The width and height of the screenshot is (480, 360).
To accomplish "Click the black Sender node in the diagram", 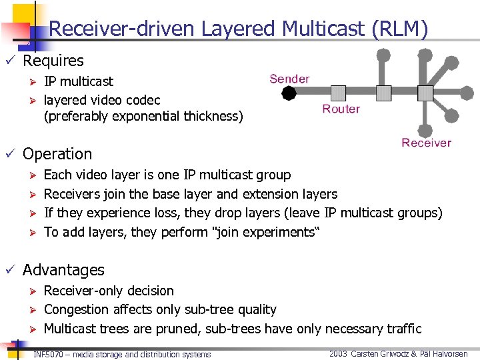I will [x=289, y=93].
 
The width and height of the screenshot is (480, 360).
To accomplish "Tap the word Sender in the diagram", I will [x=289, y=79].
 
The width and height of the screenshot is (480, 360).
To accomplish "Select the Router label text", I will [x=341, y=109].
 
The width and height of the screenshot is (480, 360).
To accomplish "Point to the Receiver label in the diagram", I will [x=426, y=143].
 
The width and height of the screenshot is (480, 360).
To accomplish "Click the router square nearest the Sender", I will [x=339, y=93].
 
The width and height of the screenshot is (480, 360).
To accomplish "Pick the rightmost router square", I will [x=426, y=93].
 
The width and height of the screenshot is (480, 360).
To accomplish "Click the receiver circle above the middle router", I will [x=383, y=54].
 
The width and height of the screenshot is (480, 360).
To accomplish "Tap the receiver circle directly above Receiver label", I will [x=426, y=130].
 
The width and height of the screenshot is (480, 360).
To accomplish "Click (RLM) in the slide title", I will [x=401, y=29].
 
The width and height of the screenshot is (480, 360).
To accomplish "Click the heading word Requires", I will [x=53, y=61].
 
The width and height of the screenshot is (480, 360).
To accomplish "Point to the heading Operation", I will [x=57, y=154].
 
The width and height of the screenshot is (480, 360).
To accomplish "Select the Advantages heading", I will [x=63, y=270].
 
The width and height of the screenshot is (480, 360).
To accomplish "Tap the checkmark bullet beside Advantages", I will [x=9, y=269].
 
